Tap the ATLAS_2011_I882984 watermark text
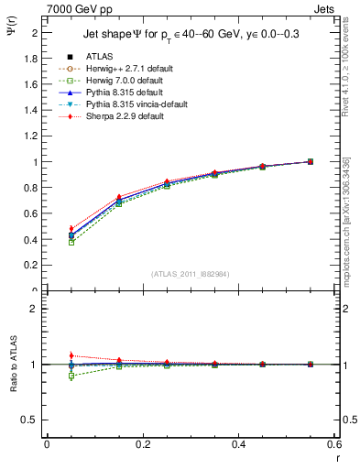190,274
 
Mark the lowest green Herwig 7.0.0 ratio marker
47,376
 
